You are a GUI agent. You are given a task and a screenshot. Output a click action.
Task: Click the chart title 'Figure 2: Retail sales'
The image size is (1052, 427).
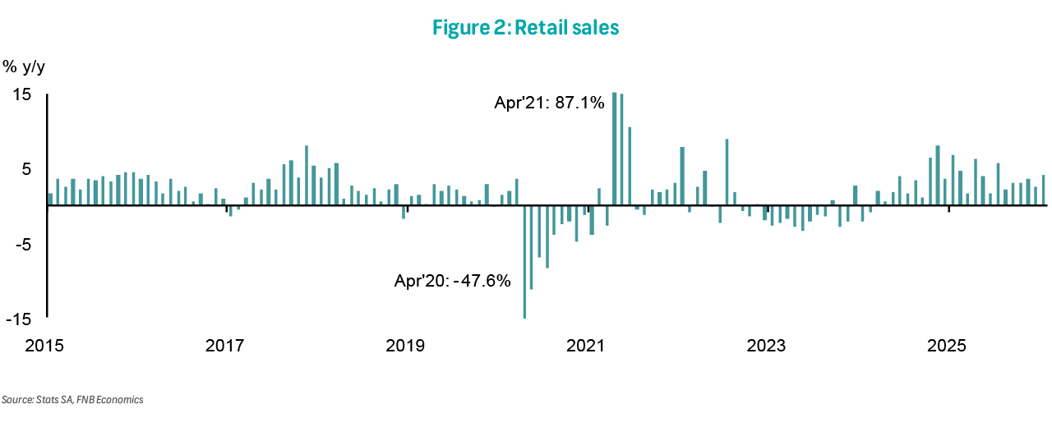[526, 28]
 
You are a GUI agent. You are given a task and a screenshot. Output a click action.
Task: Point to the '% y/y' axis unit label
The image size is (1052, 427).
[24, 66]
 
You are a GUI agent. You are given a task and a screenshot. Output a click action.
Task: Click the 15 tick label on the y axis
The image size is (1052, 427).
[22, 94]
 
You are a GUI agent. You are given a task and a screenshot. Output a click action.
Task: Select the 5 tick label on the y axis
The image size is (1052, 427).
[26, 169]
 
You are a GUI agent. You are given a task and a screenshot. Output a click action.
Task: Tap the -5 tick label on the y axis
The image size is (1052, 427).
[23, 244]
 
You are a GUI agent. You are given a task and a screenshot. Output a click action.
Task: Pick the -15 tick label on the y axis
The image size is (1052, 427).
[20, 319]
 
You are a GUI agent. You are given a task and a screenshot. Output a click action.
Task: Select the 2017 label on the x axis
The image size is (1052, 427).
[224, 345]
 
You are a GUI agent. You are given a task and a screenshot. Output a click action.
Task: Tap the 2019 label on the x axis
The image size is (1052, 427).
[405, 345]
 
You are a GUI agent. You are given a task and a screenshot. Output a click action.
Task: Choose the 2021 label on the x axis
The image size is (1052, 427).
[587, 345]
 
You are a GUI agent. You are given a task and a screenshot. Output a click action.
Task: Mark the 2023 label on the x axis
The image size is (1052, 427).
[767, 345]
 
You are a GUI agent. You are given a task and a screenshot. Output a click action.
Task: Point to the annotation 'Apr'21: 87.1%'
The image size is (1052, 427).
[549, 103]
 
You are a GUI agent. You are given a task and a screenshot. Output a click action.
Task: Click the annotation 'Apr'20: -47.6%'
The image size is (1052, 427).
[453, 281]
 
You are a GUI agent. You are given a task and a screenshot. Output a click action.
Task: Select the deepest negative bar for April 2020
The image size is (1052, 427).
[524, 261]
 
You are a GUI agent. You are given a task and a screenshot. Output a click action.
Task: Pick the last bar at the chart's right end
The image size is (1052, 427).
[1044, 190]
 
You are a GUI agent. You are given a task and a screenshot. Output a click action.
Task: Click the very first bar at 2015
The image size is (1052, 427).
[50, 199]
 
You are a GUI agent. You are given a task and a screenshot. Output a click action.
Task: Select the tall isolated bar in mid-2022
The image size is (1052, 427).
[727, 172]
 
